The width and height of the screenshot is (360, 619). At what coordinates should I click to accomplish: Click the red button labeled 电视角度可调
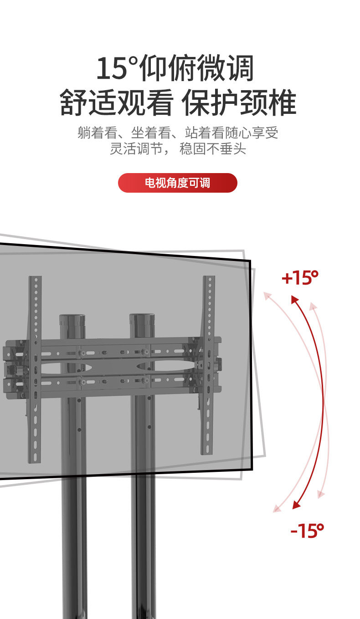tap(177, 183)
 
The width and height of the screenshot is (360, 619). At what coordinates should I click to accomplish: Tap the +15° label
tap(300, 277)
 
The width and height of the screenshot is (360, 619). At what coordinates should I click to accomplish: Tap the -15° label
tap(307, 531)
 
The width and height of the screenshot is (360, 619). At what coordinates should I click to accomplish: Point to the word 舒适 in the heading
tap(88, 103)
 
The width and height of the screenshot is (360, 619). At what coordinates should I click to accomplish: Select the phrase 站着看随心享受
tap(231, 133)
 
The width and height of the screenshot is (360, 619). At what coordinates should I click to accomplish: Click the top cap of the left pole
tap(72, 319)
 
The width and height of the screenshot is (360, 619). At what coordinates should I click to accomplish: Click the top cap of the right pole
tap(142, 319)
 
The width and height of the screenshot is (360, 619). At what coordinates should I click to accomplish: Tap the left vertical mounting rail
tap(35, 369)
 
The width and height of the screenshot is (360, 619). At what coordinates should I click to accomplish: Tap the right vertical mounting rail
tap(208, 364)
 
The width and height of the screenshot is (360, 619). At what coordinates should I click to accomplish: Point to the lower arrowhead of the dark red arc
tap(296, 504)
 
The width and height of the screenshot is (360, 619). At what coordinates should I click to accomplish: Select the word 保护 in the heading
tap(210, 103)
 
